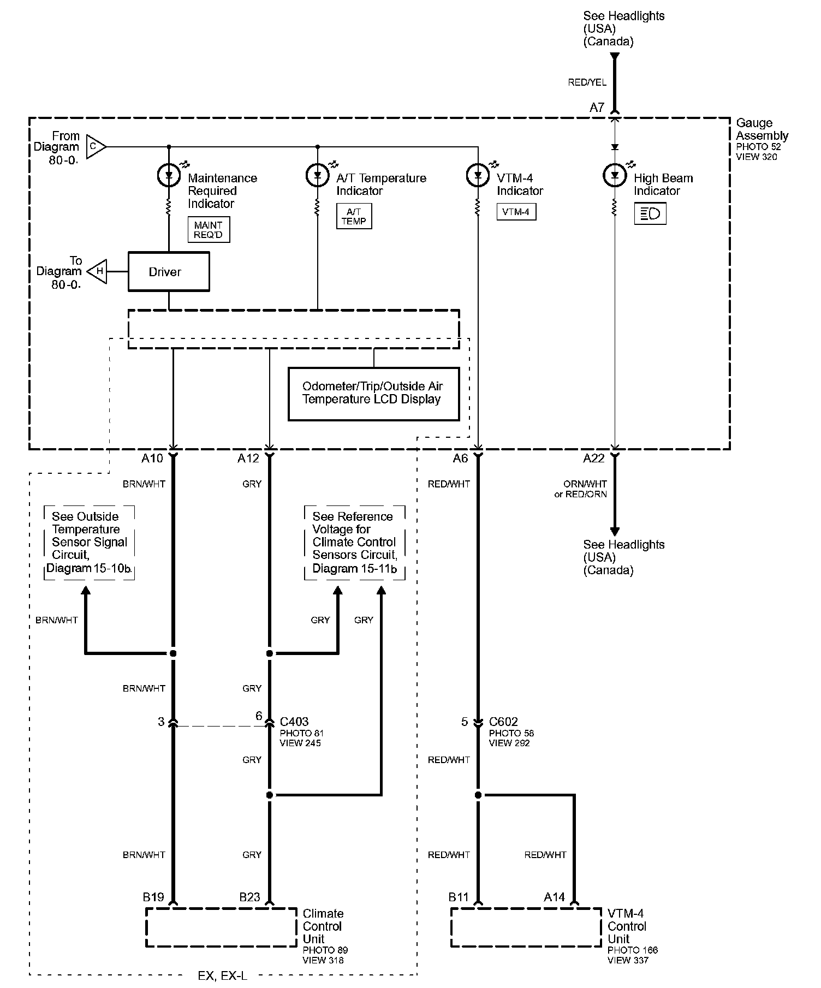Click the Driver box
169,271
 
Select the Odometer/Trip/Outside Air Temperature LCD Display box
373,394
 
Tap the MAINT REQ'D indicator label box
208,230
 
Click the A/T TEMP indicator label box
354,216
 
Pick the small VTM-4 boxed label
516,212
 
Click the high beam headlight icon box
650,213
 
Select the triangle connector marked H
97,271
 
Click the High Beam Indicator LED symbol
615,176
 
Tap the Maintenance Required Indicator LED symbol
169,176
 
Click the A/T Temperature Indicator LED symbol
318,176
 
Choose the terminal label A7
597,108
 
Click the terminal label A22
594,459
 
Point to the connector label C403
294,722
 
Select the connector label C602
504,722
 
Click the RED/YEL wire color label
587,82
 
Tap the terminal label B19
153,897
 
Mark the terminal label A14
555,897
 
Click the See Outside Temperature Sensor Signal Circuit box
89,543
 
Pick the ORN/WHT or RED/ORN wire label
581,489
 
